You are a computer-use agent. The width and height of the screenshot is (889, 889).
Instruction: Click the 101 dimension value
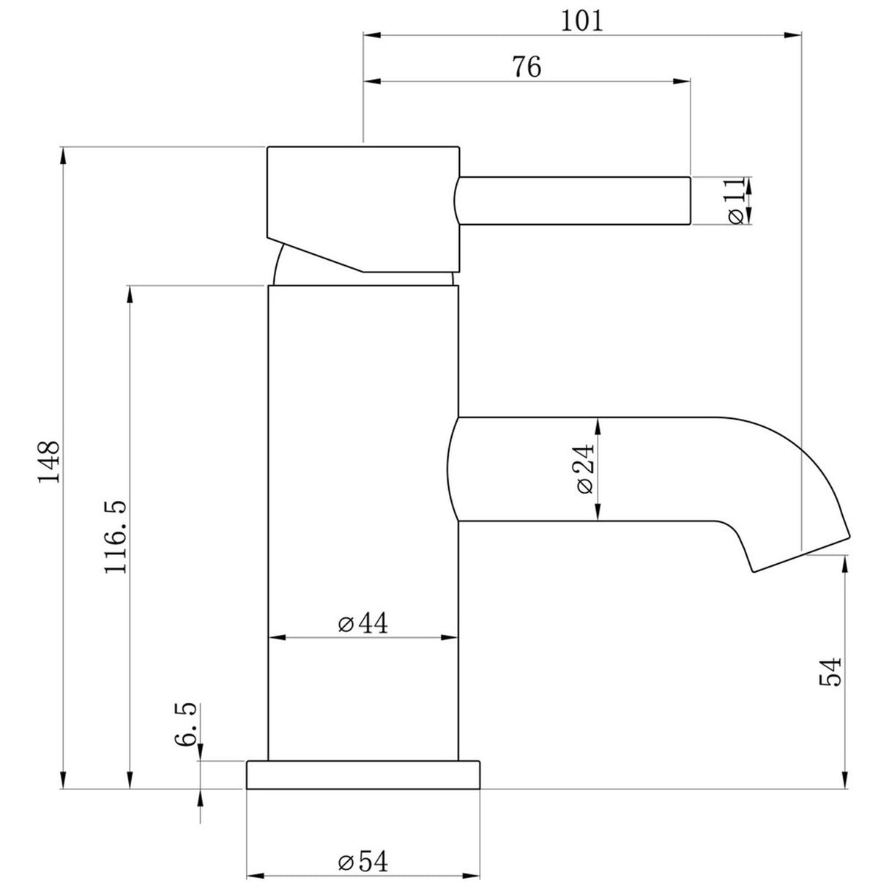pyautogui.click(x=582, y=21)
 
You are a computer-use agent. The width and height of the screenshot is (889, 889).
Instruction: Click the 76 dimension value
pyautogui.click(x=526, y=67)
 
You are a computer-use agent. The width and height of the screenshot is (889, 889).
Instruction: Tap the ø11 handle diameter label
pyautogui.click(x=737, y=200)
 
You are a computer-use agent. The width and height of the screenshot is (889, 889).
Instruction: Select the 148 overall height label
pyautogui.click(x=49, y=461)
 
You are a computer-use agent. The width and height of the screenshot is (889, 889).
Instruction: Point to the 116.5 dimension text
pyautogui.click(x=116, y=537)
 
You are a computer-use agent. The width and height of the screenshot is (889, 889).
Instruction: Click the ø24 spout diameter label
pyautogui.click(x=585, y=469)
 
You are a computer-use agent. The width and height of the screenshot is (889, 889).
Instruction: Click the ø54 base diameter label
pyautogui.click(x=362, y=862)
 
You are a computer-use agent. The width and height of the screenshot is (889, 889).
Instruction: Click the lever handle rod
pyautogui.click(x=575, y=200)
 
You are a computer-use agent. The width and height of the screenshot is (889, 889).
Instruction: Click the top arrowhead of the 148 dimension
pyautogui.click(x=64, y=155)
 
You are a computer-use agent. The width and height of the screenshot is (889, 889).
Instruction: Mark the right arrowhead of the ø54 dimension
pyautogui.click(x=474, y=875)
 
